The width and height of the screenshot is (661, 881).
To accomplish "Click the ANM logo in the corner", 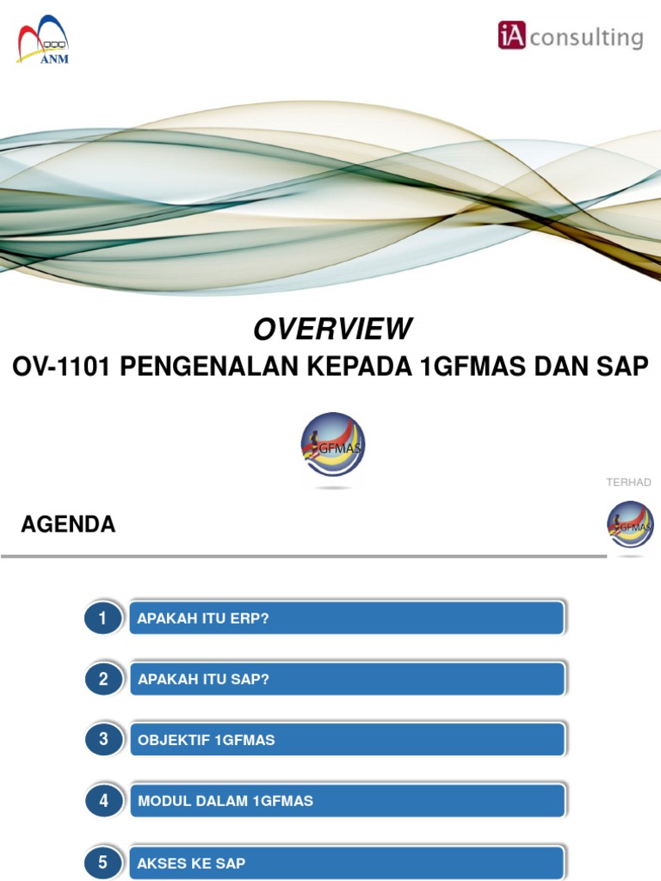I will pos(43,40).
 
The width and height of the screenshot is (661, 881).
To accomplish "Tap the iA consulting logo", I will pos(570,37).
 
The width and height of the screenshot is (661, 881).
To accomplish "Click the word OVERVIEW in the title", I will pos(332,329).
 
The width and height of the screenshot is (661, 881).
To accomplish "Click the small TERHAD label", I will pos(628,483).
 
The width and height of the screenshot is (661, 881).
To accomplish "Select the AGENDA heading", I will pos(68,525).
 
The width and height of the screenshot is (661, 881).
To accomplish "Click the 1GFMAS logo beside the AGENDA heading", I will pos(630,526).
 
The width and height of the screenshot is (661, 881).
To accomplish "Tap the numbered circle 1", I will pos(103,619).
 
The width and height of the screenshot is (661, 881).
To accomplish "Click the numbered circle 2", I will pos(103,680).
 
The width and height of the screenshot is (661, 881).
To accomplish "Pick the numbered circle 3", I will pos(103,740).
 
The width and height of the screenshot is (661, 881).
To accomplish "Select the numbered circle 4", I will pos(103,801).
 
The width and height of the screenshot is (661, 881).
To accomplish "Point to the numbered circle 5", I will pos(103,862).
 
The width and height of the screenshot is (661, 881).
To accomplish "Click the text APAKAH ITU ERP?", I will pos(203,619).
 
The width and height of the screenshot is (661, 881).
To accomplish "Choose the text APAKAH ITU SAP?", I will pos(203,680).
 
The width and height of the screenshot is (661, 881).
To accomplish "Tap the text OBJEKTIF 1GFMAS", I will pos(207,740).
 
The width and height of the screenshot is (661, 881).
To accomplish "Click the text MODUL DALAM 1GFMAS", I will pos(225,801).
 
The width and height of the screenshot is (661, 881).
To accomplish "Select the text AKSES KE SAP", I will pos(191,862).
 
